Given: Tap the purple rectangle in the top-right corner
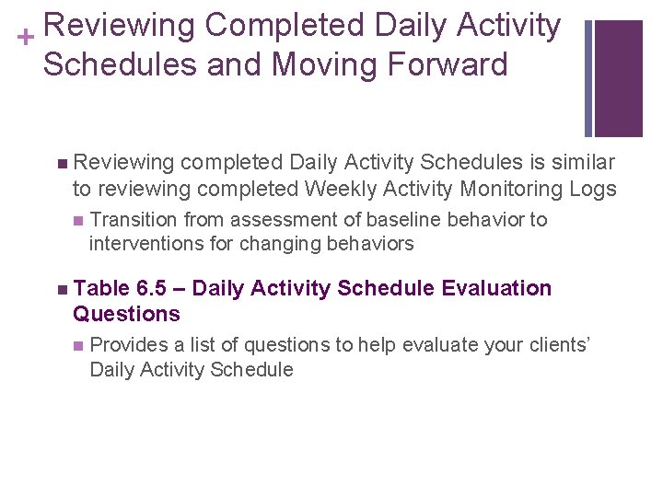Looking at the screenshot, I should pyautogui.click(x=618, y=78).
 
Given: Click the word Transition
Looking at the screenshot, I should pyautogui.click(x=135, y=220).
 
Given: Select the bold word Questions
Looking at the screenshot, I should pyautogui.click(x=126, y=314).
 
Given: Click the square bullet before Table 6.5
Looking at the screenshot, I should pyautogui.click(x=61, y=289).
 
